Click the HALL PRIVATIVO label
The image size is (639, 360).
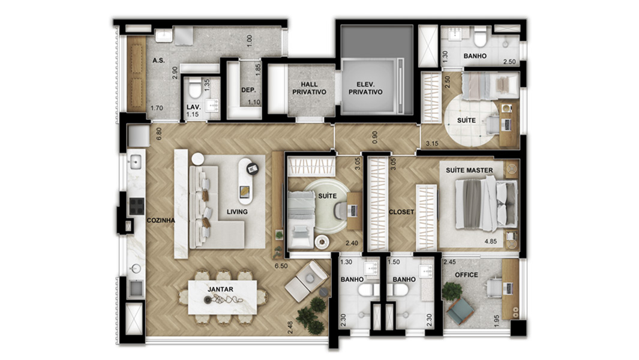tap(309, 88)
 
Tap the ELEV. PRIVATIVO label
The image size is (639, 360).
tap(365, 88)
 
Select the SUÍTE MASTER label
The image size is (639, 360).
tap(469, 170)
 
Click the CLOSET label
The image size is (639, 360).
tap(402, 212)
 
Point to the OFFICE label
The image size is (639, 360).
tap(466, 275)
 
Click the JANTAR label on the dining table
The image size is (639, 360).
tap(220, 289)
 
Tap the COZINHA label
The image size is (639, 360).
tap(161, 220)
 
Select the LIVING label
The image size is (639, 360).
tap(237, 212)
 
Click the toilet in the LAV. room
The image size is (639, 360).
tap(193, 91)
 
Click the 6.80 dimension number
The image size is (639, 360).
tap(159, 133)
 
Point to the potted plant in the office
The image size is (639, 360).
tap(451, 291)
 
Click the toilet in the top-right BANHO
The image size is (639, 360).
tap(479, 39)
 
